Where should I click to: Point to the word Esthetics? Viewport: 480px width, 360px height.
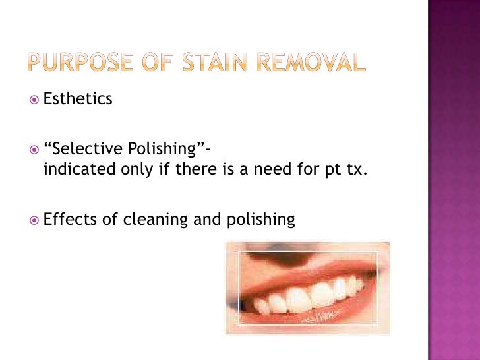(78, 100)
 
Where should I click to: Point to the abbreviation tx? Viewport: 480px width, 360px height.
(355, 171)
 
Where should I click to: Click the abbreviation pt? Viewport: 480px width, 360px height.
(333, 171)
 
